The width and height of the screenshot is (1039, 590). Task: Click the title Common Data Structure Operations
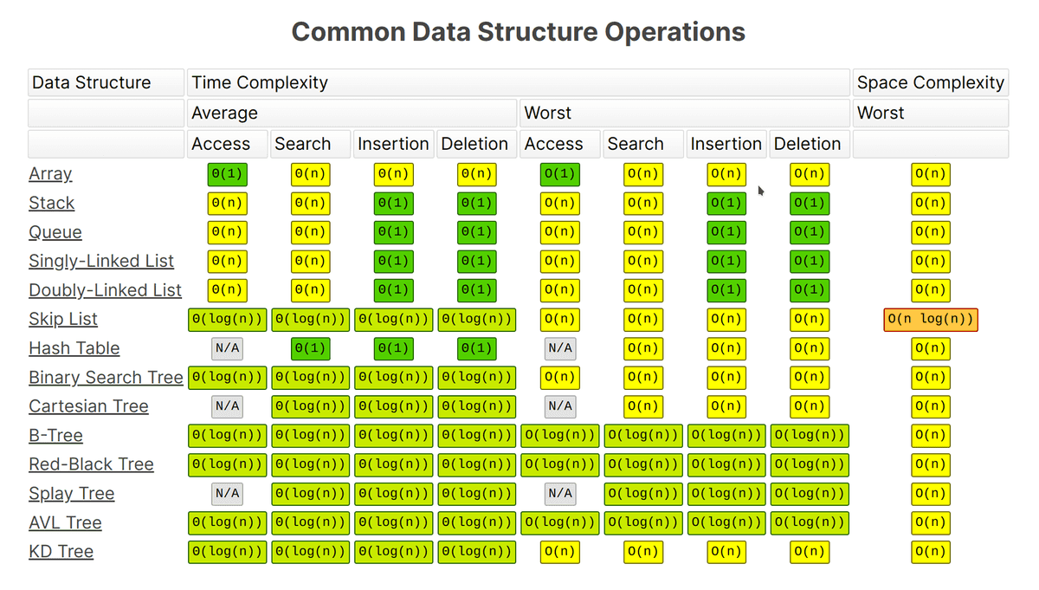518,32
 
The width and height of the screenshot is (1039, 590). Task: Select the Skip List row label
63,319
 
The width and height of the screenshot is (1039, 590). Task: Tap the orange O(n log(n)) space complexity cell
930,320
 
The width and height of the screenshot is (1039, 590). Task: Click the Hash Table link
74,348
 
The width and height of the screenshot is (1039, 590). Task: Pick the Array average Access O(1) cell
227,174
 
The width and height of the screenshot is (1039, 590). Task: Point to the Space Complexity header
930,83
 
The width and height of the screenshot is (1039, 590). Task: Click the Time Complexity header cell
518,83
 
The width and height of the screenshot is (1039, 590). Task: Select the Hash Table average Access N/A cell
227,348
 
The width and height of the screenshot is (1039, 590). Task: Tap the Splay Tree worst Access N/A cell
559,494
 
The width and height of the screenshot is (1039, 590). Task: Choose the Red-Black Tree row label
91,464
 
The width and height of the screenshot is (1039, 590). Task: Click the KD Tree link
61,552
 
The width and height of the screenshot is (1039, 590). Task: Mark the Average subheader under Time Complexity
352,113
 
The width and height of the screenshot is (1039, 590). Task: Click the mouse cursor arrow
761,191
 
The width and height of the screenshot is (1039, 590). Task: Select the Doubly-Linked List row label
105,290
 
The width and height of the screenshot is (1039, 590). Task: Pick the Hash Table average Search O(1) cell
310,348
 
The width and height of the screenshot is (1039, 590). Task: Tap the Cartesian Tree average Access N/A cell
227,406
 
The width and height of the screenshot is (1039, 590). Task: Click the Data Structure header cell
106,83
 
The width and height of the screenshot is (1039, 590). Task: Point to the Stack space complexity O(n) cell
930,204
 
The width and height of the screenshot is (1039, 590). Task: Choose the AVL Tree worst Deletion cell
809,522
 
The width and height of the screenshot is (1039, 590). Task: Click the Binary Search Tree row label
106,378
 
